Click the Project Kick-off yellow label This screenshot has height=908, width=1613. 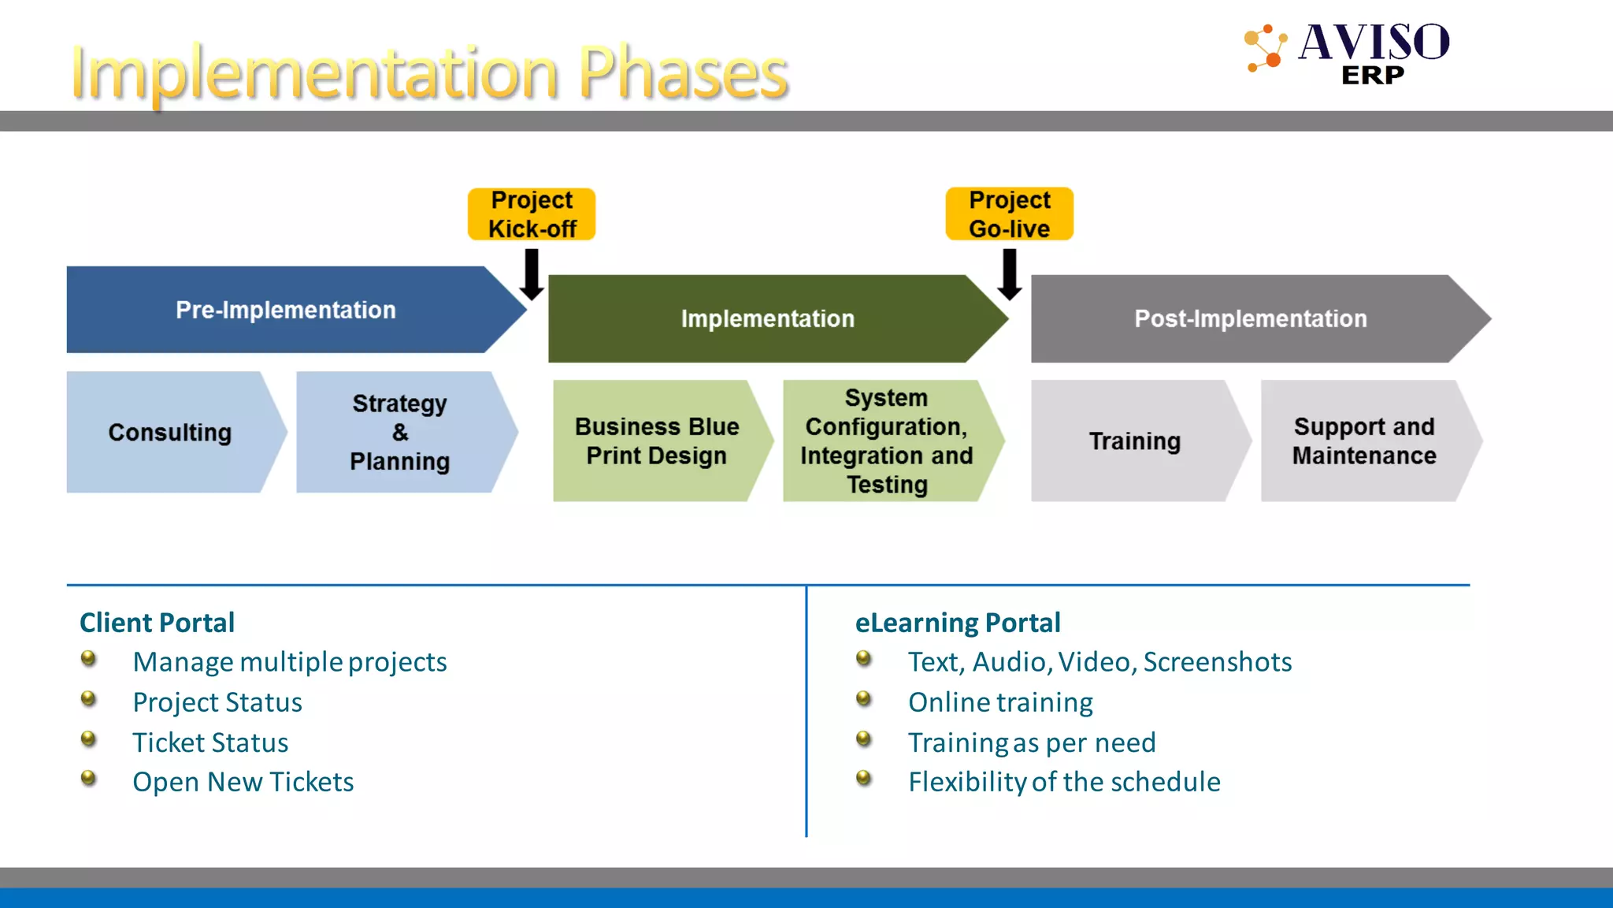tap(532, 214)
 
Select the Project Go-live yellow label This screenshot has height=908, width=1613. tap(1009, 214)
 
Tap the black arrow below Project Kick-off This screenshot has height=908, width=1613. tap(532, 274)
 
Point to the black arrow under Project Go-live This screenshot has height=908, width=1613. tap(1009, 274)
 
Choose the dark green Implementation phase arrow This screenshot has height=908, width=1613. tap(767, 318)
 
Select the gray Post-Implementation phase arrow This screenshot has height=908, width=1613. tap(1250, 318)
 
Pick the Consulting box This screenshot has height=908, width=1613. tap(170, 433)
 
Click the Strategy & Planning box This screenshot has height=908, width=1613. tap(399, 433)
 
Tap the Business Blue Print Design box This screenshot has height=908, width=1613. tap(657, 441)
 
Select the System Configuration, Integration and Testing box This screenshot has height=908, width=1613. tap(886, 441)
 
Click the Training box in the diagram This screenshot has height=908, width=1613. tap(1134, 441)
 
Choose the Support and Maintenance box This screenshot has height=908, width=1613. tap(1364, 441)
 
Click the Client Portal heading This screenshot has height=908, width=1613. tap(158, 623)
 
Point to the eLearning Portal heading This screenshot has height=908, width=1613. tap(958, 623)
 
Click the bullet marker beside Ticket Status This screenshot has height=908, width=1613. tap(88, 739)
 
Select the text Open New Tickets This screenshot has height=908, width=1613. tap(243, 782)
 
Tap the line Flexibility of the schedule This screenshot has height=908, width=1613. tap(1064, 782)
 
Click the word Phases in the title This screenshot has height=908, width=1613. tap(683, 73)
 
